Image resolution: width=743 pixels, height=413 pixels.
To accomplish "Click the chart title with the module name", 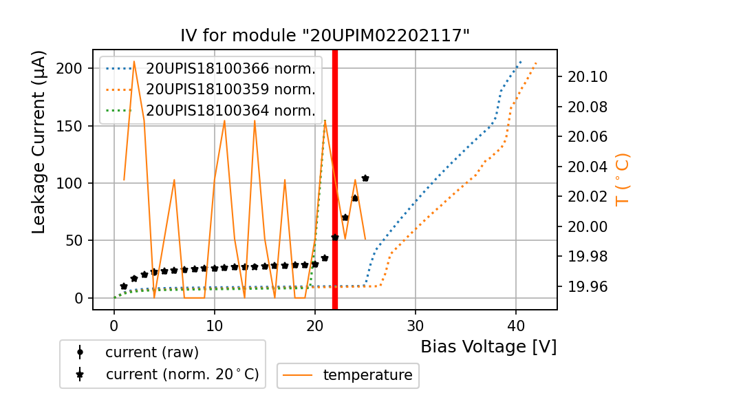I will click(325, 36).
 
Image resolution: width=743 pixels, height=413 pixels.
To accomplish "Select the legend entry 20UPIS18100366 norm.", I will click(230, 68).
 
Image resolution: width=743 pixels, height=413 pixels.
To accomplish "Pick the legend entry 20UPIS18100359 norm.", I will click(230, 89).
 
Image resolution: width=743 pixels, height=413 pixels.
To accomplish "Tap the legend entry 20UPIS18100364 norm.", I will click(230, 111).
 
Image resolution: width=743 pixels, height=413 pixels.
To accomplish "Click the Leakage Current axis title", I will click(39, 142).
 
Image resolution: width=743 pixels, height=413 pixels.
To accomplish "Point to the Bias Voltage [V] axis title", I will click(488, 347).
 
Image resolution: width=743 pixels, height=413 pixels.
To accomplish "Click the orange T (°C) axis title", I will click(623, 179).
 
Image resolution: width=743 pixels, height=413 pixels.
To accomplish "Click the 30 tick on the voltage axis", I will click(415, 324).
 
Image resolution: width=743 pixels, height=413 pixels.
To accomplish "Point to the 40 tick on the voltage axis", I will click(515, 324).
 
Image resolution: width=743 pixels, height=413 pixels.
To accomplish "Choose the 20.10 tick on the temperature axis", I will click(587, 76).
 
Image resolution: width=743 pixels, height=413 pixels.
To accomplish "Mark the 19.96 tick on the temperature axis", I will click(587, 286).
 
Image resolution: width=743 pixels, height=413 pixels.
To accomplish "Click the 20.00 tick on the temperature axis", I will click(587, 226).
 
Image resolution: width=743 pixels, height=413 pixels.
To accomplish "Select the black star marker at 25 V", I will click(365, 178).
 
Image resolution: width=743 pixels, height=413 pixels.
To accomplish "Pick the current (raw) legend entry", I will click(151, 352).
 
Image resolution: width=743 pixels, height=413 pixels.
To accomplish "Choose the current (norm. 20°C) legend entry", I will click(182, 374).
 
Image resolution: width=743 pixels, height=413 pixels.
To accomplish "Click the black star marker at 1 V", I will click(124, 286).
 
